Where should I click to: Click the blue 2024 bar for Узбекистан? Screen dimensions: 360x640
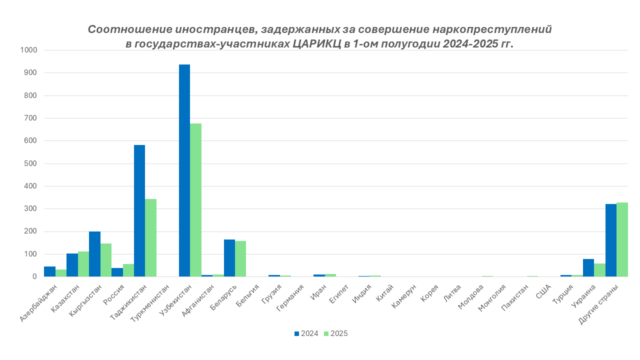click(184, 170)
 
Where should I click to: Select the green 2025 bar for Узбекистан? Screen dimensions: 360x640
click(195, 200)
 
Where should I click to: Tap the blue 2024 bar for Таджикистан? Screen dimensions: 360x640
click(139, 210)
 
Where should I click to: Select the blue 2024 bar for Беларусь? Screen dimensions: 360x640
click(229, 258)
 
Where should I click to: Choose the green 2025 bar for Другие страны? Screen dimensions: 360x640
click(622, 239)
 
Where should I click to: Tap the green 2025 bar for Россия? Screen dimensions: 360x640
click(128, 270)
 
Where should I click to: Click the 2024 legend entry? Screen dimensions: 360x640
click(306, 333)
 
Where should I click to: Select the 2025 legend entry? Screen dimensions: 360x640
click(335, 333)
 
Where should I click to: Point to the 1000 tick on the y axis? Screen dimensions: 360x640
click(28, 50)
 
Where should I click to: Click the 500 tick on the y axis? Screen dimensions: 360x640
click(30, 163)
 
